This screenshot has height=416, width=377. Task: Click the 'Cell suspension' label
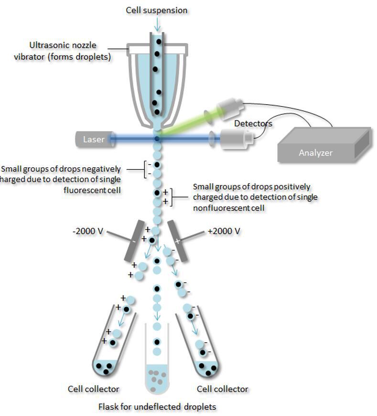(x=157, y=10)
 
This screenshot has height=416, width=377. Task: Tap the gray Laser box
(x=93, y=140)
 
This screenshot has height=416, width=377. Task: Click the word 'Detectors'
(x=253, y=124)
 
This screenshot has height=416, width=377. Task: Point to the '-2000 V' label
(x=87, y=231)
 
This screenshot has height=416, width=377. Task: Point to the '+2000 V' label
(x=224, y=231)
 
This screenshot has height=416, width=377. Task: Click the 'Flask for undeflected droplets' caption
(x=157, y=407)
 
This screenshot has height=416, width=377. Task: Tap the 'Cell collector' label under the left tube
(x=94, y=389)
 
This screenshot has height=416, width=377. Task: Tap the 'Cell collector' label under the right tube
(x=222, y=389)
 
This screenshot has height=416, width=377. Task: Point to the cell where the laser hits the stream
(x=157, y=139)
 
